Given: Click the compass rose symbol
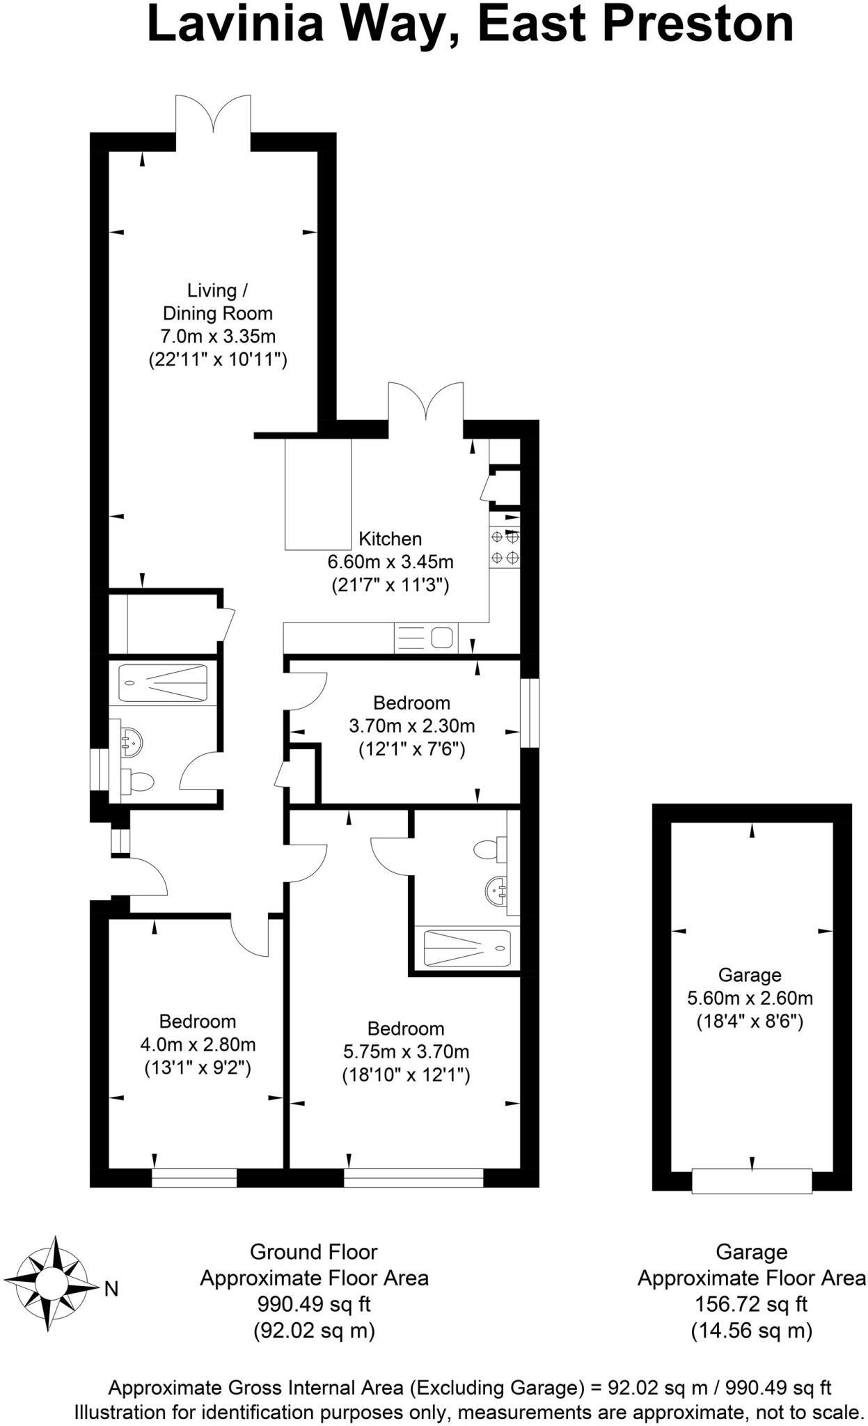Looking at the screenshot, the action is [50, 1283].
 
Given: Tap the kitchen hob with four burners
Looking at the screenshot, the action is [505, 547].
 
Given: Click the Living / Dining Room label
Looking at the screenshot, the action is [217, 301].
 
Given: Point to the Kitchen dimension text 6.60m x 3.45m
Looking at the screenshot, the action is [390, 561].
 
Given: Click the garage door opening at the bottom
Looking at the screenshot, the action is [752, 1181].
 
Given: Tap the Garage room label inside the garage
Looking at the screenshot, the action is [750, 975].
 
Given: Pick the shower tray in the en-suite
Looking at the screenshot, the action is [467, 948].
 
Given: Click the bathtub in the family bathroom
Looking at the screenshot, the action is [163, 683].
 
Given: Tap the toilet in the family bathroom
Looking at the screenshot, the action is [136, 781].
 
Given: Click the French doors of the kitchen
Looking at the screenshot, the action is [425, 409].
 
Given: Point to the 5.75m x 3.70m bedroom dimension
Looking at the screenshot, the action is [406, 1051].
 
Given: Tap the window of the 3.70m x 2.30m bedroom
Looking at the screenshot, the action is [530, 713].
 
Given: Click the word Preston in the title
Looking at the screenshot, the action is [697, 24].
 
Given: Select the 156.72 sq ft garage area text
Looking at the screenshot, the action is [751, 1303].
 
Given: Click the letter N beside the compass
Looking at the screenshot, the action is [111, 1289].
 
